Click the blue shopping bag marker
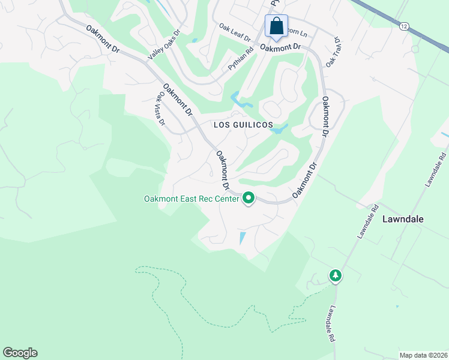coord(276,26)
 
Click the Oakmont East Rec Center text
coord(191,199)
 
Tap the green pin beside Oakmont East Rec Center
coord(249,198)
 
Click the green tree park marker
coord(335,275)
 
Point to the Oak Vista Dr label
coord(161,108)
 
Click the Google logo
coord(20,353)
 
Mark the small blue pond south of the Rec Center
coord(242,238)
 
